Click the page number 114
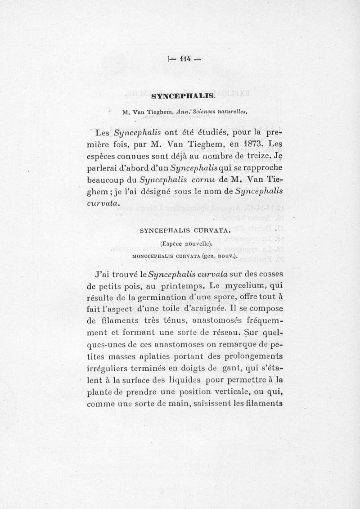click(x=186, y=59)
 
